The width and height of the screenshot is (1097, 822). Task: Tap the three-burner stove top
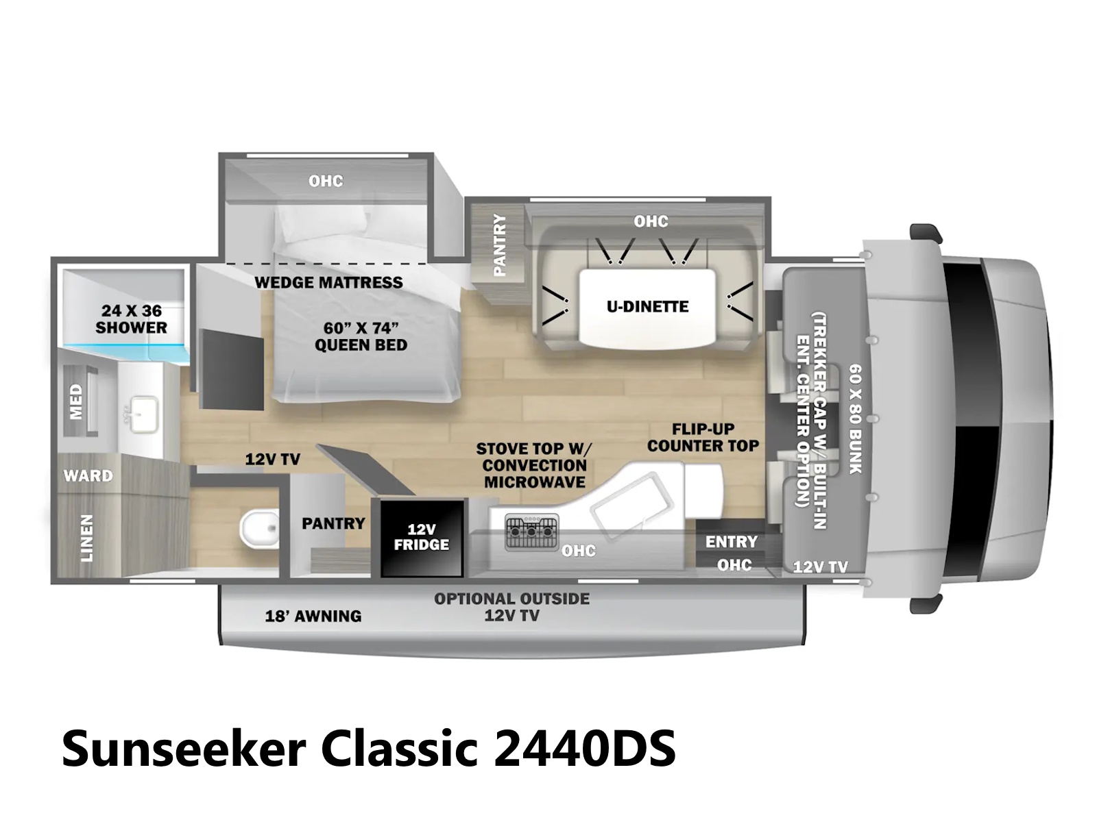tap(531, 532)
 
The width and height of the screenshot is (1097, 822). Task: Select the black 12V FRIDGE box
tap(421, 538)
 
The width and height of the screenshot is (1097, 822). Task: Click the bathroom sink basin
tap(144, 414)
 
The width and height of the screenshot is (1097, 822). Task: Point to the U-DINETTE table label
tap(647, 306)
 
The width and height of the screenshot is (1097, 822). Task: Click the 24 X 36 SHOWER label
tap(132, 319)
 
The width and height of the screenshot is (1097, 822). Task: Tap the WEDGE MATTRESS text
tap(328, 282)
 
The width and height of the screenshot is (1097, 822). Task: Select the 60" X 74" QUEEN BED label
tap(361, 336)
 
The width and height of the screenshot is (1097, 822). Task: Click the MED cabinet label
tap(75, 402)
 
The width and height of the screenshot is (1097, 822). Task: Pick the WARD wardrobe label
tap(88, 475)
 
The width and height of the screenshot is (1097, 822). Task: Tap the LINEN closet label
tap(87, 538)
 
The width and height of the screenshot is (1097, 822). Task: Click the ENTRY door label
tap(731, 542)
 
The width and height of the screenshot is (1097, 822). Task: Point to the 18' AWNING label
tap(313, 616)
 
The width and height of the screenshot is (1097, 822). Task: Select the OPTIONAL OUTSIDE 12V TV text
tap(511, 607)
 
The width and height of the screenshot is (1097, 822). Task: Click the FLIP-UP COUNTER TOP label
tap(703, 437)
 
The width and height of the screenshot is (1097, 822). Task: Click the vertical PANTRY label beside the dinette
tap(499, 245)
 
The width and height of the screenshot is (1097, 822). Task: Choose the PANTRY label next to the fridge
tap(333, 523)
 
